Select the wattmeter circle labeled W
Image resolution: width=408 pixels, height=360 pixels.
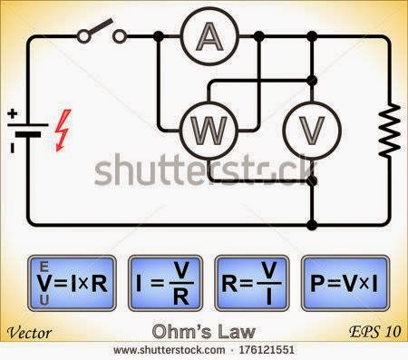[210, 131]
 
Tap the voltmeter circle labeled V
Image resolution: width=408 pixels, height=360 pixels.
[312, 131]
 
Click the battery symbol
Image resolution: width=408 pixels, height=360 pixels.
[28, 131]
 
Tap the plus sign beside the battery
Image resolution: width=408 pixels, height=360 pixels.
[13, 114]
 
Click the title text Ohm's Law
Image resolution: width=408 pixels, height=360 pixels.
[205, 331]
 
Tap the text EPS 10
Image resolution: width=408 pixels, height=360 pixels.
[374, 332]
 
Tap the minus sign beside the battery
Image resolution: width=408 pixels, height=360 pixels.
[12, 146]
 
